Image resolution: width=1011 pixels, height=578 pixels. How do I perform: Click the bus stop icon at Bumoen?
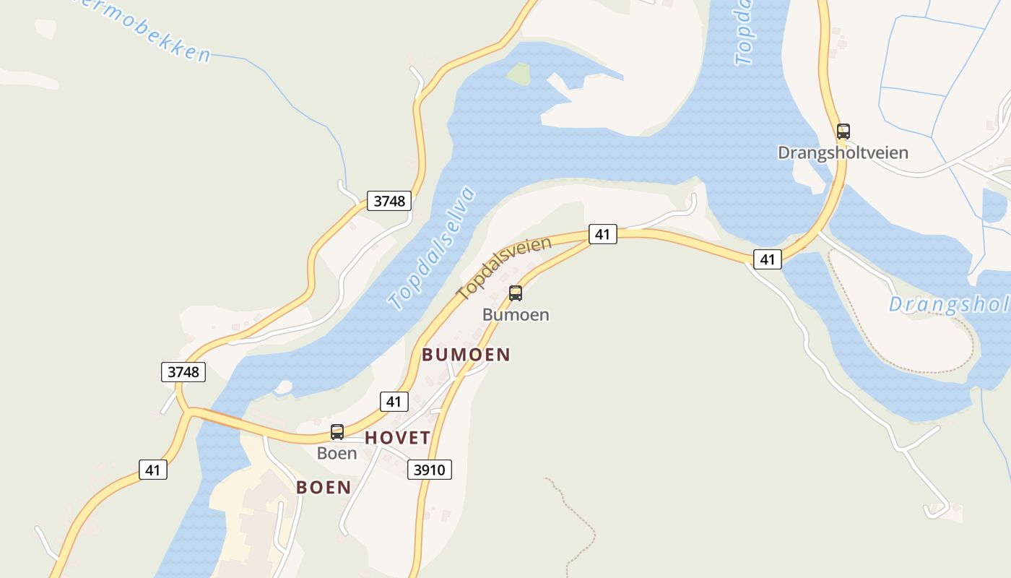(515, 293)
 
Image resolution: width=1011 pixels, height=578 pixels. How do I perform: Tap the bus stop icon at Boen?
(337, 432)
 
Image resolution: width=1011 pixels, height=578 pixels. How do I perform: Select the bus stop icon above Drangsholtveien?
(843, 131)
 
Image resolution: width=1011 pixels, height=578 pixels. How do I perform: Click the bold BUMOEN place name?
(466, 355)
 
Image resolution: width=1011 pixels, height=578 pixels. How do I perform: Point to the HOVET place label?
(397, 438)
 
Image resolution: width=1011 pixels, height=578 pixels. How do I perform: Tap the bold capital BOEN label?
(324, 488)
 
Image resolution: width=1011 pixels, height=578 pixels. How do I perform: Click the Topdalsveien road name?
(504, 268)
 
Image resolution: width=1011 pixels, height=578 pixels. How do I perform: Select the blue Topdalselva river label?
(432, 248)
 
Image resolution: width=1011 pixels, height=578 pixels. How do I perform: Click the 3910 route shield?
(429, 470)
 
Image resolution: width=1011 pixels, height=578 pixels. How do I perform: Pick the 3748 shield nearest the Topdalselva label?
(389, 200)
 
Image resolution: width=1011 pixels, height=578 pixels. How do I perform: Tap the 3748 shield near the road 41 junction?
(183, 372)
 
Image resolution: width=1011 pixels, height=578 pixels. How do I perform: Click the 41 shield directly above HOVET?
(393, 402)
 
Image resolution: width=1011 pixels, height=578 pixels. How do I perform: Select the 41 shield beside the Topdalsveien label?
(603, 234)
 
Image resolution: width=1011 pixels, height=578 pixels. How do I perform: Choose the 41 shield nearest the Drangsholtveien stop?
(767, 259)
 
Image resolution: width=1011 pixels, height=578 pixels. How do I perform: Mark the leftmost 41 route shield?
(152, 470)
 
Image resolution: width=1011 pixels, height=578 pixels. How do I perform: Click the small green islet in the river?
(518, 72)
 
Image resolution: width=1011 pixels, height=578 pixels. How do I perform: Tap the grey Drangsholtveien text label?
(843, 153)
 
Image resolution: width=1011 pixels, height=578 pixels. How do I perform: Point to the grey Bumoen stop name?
(516, 315)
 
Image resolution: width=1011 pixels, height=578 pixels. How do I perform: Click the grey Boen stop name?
(337, 454)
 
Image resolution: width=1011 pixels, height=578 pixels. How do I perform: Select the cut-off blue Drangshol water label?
(948, 305)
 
